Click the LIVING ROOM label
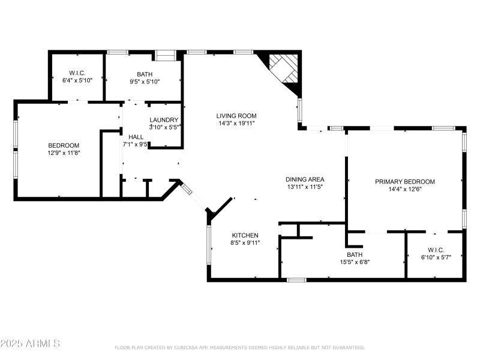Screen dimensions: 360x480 coord(236,116)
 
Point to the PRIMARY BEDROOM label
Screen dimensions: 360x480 coord(405,182)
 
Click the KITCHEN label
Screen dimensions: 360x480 coord(245,235)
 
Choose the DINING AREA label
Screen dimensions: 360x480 coord(305,179)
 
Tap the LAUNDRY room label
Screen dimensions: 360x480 coord(164,120)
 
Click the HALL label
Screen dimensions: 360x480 coord(136,137)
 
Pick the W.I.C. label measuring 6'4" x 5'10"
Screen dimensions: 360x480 coord(77,72)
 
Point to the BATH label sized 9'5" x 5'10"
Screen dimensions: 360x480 coord(145,73)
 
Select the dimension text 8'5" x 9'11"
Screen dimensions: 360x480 coord(245,243)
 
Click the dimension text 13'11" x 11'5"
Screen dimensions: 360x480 coord(305,187)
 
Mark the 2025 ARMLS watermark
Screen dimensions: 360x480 coord(30,344)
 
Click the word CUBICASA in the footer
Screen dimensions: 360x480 coord(191,347)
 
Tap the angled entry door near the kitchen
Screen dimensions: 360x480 coord(187,190)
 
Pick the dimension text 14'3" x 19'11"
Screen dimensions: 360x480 coord(236,124)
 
